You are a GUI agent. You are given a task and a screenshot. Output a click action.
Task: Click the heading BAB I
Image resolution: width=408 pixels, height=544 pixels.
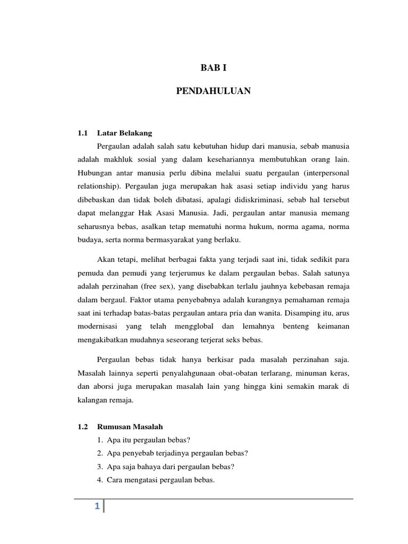[x=213, y=67]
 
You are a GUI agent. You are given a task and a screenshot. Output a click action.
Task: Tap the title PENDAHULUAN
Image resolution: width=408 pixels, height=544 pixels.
[x=213, y=91]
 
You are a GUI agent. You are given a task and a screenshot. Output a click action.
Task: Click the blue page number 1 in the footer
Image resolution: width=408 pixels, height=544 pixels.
[x=97, y=507]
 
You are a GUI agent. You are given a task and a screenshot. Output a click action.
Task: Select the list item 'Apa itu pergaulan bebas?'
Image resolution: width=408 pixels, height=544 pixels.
[x=144, y=439]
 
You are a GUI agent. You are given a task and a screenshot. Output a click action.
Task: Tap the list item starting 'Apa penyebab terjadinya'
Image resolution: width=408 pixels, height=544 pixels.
[x=173, y=453]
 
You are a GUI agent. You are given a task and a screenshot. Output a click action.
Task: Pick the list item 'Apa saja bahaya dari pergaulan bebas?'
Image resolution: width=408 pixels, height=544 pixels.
[x=166, y=466]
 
